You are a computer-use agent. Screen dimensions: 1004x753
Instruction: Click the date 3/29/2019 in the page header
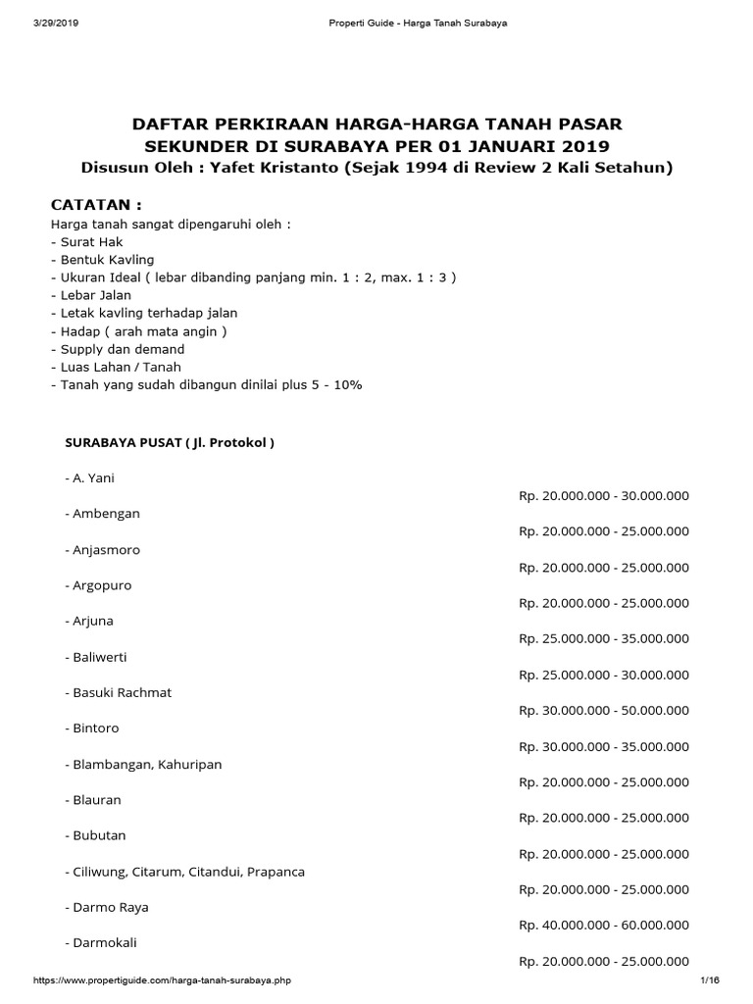coord(55,23)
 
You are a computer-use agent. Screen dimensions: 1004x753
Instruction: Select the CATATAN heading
coord(96,205)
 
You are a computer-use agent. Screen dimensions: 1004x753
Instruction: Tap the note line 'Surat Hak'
coord(87,241)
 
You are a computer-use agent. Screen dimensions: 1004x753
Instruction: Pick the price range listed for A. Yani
coord(604,496)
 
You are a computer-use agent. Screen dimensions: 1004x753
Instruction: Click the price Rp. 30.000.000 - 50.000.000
coord(604,711)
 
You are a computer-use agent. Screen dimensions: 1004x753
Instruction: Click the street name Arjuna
coord(94,621)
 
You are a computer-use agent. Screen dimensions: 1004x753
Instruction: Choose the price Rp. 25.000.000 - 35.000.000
coord(604,639)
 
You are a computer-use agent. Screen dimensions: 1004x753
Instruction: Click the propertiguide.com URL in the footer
coord(162,980)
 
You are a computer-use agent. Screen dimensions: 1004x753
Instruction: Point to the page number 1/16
coord(710,980)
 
